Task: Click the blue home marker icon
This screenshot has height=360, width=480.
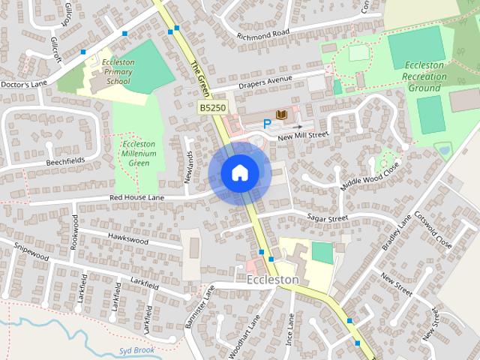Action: [x=239, y=173]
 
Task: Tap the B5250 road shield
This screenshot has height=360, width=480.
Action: [x=213, y=109]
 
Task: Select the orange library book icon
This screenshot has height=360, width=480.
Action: [x=282, y=114]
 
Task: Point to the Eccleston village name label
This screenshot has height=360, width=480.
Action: [x=272, y=280]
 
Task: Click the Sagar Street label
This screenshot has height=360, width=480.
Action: [x=328, y=217]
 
